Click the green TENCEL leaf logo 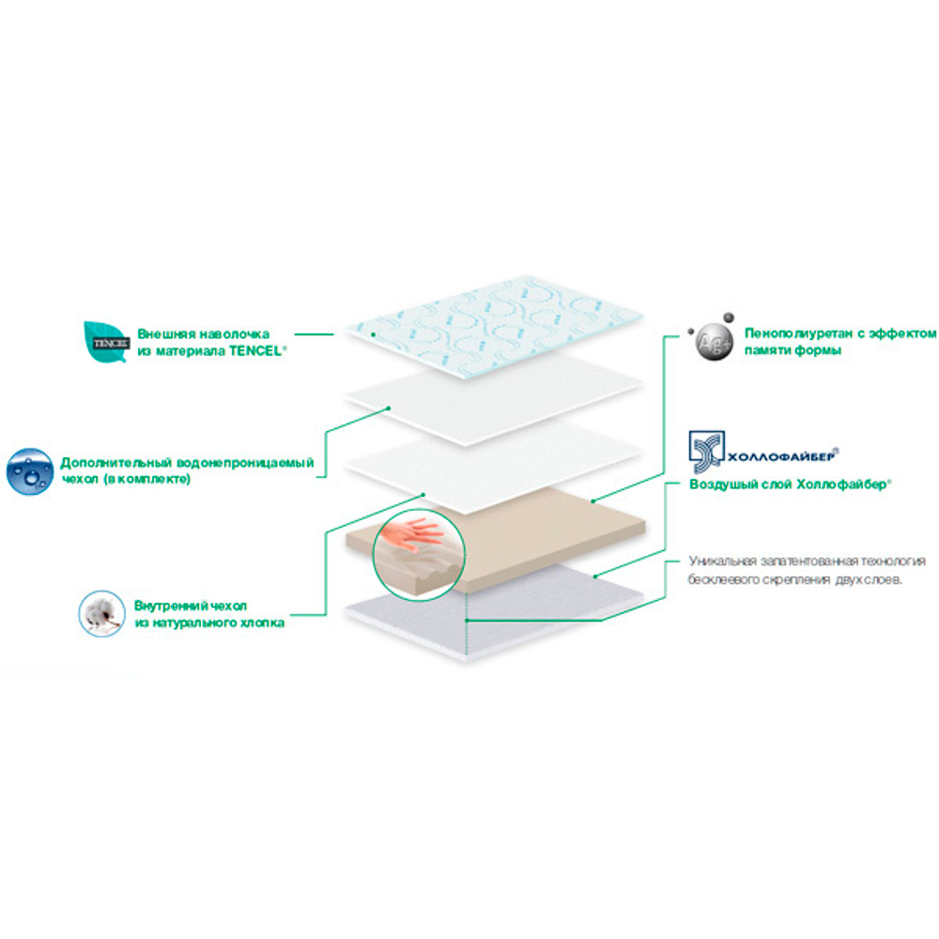pos(106,342)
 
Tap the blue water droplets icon pos(30,472)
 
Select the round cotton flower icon pos(101,614)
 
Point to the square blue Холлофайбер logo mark pos(707,453)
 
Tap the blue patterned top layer pos(494,327)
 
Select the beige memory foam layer pos(539,536)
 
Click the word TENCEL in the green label pos(255,351)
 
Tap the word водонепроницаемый pos(245,463)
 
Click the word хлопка pos(262,623)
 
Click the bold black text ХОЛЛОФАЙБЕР pos(781,457)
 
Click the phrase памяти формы pos(793,350)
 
